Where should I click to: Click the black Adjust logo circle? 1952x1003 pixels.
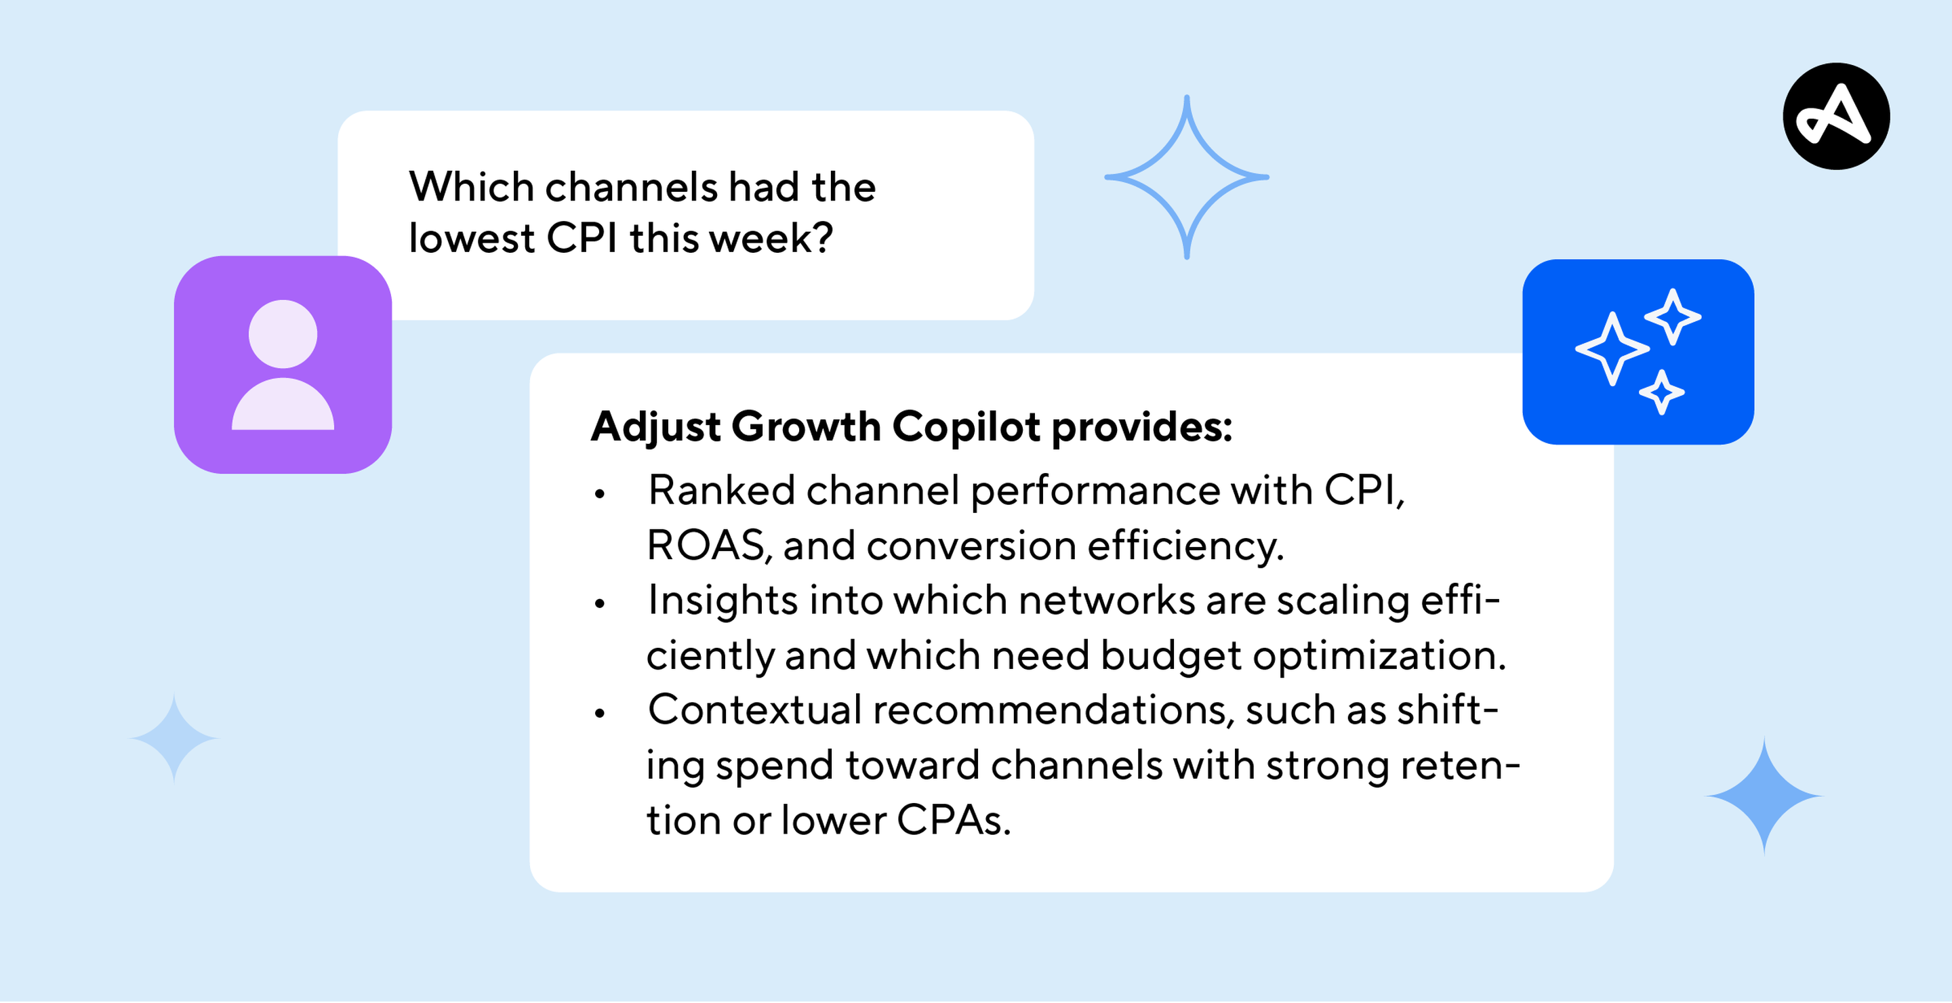pyautogui.click(x=1835, y=116)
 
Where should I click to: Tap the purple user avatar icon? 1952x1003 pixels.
pyautogui.click(x=283, y=365)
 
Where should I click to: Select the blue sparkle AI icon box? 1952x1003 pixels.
pyautogui.click(x=1638, y=352)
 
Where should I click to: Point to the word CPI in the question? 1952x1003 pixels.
pyautogui.click(x=582, y=238)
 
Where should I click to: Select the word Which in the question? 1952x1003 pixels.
pyautogui.click(x=471, y=186)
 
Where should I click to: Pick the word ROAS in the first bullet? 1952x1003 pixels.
pyautogui.click(x=706, y=546)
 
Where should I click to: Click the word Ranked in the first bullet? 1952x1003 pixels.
pyautogui.click(x=720, y=490)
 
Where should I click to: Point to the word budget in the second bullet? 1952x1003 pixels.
pyautogui.click(x=1171, y=655)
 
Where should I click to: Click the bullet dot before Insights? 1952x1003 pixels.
pyautogui.click(x=600, y=604)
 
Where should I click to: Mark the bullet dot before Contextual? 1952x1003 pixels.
pyautogui.click(x=600, y=714)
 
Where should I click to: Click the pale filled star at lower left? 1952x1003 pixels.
pyautogui.click(x=174, y=737)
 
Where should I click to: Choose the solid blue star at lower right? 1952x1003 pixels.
pyautogui.click(x=1764, y=796)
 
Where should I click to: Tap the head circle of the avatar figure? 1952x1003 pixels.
pyautogui.click(x=283, y=334)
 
